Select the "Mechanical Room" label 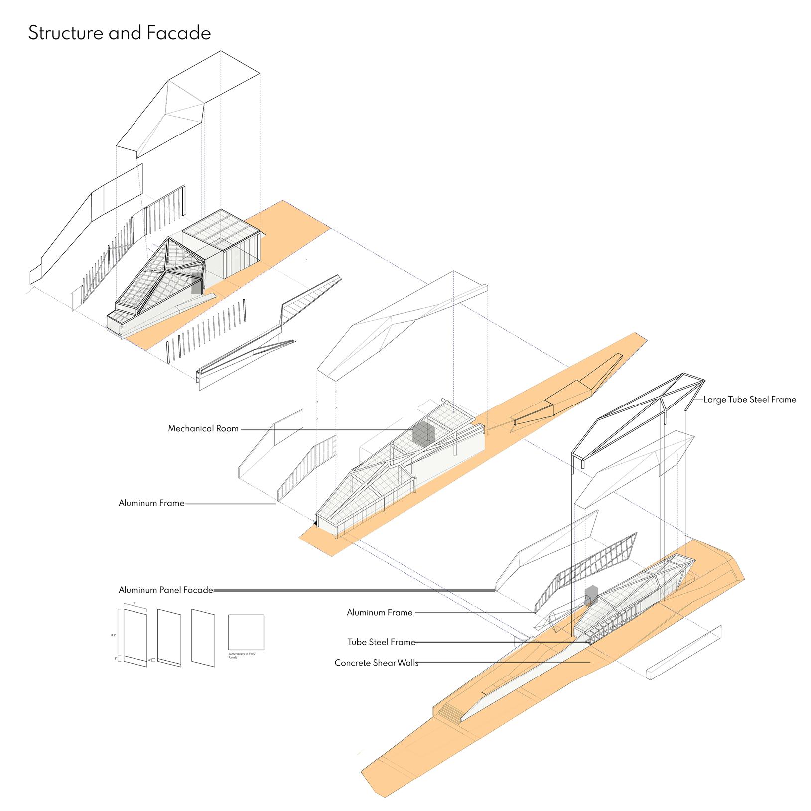(x=203, y=428)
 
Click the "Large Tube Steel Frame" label (x=749, y=399)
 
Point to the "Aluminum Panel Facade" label (x=165, y=590)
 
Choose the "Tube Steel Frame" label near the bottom (x=381, y=642)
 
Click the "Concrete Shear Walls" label (x=376, y=663)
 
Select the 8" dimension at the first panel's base (x=116, y=658)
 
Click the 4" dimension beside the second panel (x=150, y=660)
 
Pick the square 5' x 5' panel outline (x=246, y=632)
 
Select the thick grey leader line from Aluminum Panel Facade (x=354, y=590)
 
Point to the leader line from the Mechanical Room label (x=329, y=429)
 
